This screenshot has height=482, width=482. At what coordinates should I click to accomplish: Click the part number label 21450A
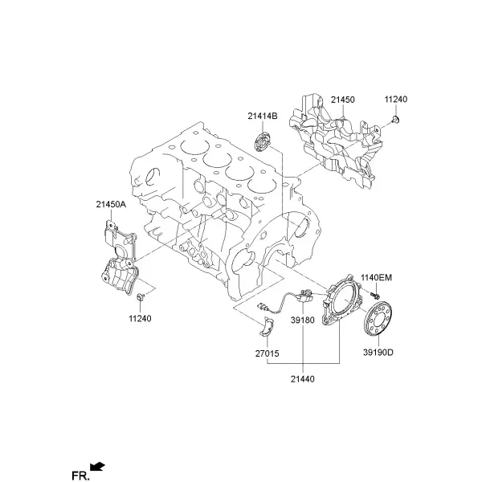click(111, 204)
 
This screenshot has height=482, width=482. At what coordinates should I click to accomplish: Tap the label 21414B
click(263, 116)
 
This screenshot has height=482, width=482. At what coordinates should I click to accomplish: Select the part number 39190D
click(378, 353)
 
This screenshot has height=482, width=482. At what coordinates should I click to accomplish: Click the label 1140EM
click(376, 278)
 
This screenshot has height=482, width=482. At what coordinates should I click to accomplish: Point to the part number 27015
click(268, 353)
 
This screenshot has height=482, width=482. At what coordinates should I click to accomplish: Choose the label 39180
click(303, 321)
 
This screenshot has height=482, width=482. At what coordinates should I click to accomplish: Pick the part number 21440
click(303, 379)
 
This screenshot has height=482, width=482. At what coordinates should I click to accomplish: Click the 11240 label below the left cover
click(140, 318)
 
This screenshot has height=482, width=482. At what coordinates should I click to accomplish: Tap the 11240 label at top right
click(396, 100)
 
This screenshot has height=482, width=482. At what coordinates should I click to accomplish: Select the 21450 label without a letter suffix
click(343, 100)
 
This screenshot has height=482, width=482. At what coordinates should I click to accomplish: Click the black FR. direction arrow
click(97, 466)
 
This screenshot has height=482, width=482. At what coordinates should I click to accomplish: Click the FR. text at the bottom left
click(80, 476)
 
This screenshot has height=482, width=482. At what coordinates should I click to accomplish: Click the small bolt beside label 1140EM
click(374, 296)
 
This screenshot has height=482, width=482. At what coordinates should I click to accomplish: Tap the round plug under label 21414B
click(263, 142)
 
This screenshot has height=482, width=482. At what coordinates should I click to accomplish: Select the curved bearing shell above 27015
click(267, 328)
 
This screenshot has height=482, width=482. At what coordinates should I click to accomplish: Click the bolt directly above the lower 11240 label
click(141, 296)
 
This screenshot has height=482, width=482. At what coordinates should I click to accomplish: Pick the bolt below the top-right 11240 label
click(395, 119)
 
